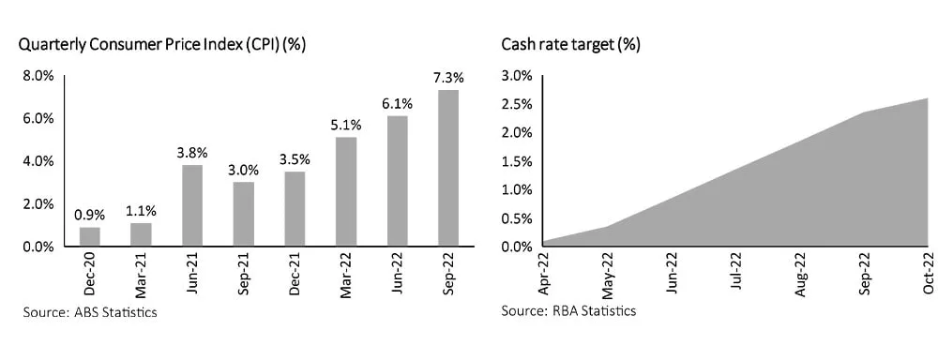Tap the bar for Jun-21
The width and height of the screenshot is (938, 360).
pos(192,205)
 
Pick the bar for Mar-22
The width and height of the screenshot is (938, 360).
pos(346,192)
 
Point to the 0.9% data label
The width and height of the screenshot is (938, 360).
pos(89,215)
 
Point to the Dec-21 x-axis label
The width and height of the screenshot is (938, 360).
pos(294,274)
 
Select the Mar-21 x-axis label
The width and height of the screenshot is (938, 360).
pos(140,274)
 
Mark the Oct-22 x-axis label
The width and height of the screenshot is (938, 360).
pos(926,274)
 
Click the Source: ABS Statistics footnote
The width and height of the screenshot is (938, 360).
pos(90,311)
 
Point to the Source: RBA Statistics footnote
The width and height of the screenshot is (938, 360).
pos(567,311)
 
